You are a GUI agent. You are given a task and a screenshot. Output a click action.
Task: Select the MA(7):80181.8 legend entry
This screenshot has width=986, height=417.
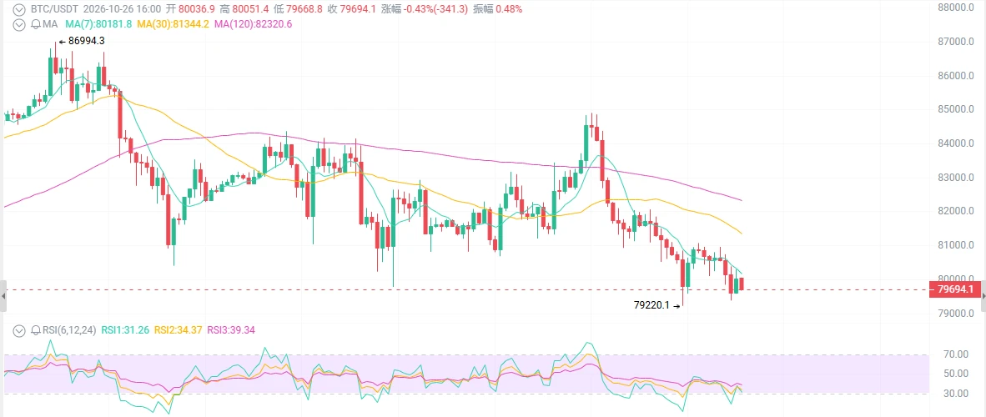point(98,24)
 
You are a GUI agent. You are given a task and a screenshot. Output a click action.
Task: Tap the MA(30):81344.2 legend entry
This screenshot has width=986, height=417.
point(174,24)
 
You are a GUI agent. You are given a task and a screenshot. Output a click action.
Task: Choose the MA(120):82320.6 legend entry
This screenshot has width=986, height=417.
point(254,24)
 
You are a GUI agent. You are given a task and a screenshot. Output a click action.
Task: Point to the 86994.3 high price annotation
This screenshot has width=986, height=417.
point(86,41)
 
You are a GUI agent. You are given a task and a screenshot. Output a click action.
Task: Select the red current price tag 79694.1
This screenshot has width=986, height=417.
point(954,290)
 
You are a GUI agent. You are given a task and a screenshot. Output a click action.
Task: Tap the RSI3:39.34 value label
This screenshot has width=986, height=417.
point(231,330)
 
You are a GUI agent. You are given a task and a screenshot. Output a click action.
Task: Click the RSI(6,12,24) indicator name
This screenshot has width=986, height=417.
point(68,330)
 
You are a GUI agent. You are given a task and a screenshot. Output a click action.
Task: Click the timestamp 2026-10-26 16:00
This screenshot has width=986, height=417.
point(123,9)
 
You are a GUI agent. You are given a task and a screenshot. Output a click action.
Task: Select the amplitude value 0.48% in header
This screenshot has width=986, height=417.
point(510,9)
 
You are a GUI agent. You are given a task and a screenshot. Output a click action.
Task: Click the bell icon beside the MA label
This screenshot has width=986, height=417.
point(35,24)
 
